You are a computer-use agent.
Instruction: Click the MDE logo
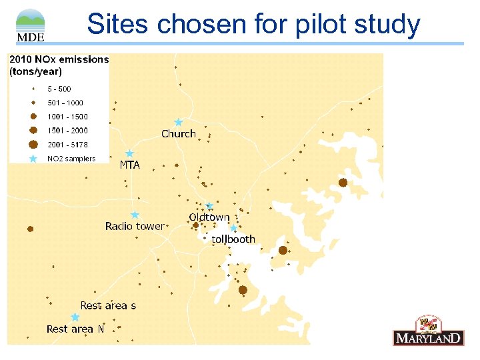point(30,25)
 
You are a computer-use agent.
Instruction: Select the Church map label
point(179,134)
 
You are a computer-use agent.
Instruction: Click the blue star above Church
point(178,122)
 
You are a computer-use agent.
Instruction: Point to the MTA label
point(129,165)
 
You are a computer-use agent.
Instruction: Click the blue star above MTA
point(130,153)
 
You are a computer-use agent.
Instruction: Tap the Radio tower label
point(134,227)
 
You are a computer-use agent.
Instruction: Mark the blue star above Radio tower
point(135,215)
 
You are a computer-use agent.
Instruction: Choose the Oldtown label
point(209,217)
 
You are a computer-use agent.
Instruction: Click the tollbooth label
point(233,239)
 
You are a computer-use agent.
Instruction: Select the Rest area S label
point(108,305)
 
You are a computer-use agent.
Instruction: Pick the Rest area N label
point(75,329)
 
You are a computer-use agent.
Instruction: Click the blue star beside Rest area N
point(75,317)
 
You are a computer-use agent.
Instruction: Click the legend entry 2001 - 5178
point(67,145)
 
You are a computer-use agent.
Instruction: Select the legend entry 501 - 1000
point(65,103)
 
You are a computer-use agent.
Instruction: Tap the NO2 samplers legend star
point(33,159)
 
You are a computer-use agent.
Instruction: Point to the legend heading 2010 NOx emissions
point(59,59)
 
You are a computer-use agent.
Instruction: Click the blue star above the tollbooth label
point(233,228)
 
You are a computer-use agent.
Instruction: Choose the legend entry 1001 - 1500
point(67,117)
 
